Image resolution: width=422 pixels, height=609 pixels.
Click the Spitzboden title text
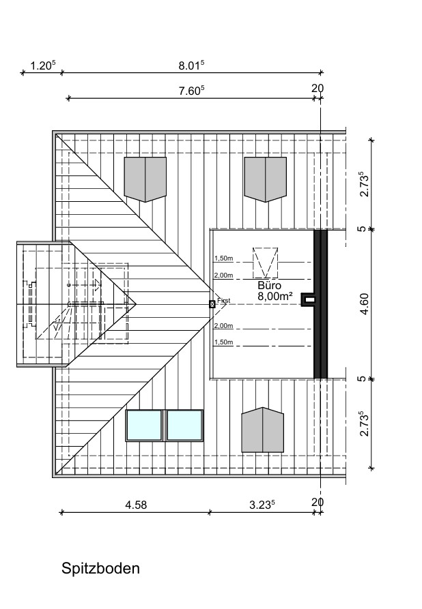click(100, 569)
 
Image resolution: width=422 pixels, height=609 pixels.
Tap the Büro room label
click(269, 286)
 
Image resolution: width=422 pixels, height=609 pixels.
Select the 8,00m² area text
click(275, 297)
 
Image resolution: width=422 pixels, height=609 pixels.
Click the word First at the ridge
click(224, 300)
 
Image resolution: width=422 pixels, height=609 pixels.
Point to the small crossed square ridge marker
click(212, 304)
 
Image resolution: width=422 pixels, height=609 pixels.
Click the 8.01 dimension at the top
click(191, 65)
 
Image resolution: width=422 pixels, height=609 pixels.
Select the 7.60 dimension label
click(191, 91)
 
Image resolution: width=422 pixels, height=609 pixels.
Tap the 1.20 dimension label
click(43, 65)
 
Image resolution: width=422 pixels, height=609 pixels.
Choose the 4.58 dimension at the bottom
click(136, 505)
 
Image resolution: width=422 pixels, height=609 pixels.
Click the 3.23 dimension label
click(262, 505)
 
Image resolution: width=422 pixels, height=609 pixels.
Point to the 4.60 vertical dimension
click(364, 304)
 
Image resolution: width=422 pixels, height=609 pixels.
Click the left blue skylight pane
click(144, 426)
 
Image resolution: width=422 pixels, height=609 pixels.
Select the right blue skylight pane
click(185, 426)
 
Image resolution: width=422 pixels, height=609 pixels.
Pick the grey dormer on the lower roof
click(262, 430)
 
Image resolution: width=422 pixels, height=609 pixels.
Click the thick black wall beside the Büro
click(320, 304)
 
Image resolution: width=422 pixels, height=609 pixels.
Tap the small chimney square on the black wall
click(309, 299)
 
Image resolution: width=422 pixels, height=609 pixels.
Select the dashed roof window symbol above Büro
click(265, 263)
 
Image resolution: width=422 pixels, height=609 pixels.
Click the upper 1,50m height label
click(224, 258)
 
